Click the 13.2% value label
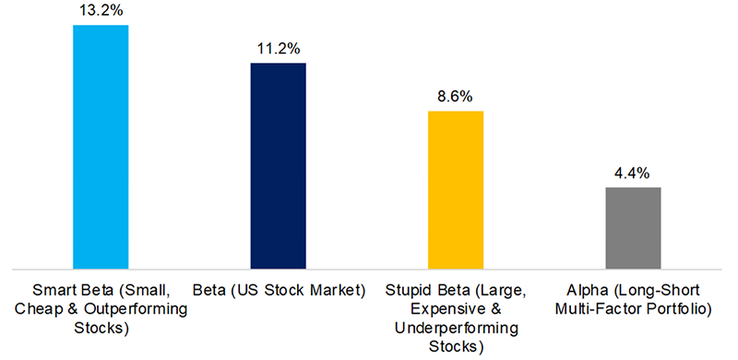(101, 10)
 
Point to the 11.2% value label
(278, 48)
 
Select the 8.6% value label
(455, 96)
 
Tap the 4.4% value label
(632, 173)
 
